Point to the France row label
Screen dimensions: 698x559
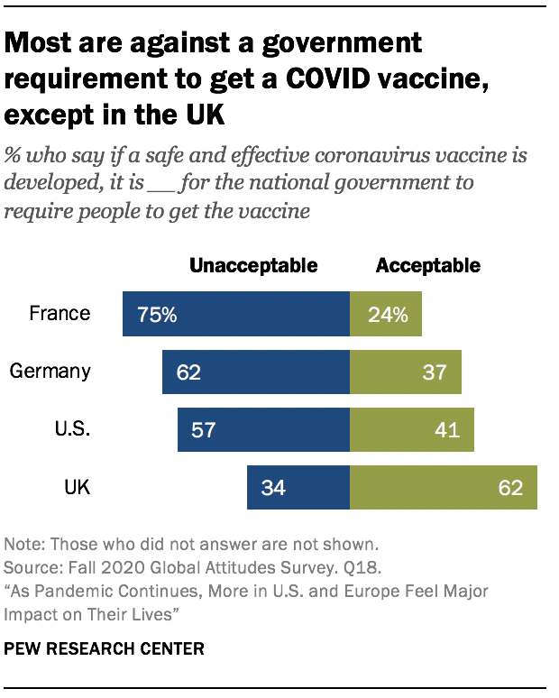pyautogui.click(x=60, y=314)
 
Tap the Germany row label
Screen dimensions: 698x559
pyautogui.click(x=50, y=372)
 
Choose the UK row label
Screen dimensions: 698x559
pyautogui.click(x=76, y=487)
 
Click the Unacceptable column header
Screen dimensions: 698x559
pyautogui.click(x=253, y=265)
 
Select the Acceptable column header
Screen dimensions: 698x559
pyautogui.click(x=428, y=265)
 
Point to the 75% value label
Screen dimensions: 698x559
pyautogui.click(x=156, y=315)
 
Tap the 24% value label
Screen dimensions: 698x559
pyautogui.click(x=388, y=315)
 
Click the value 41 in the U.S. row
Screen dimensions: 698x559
pyautogui.click(x=447, y=430)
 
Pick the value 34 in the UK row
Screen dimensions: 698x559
pyautogui.click(x=274, y=488)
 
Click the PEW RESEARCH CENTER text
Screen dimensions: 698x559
pyautogui.click(x=104, y=649)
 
